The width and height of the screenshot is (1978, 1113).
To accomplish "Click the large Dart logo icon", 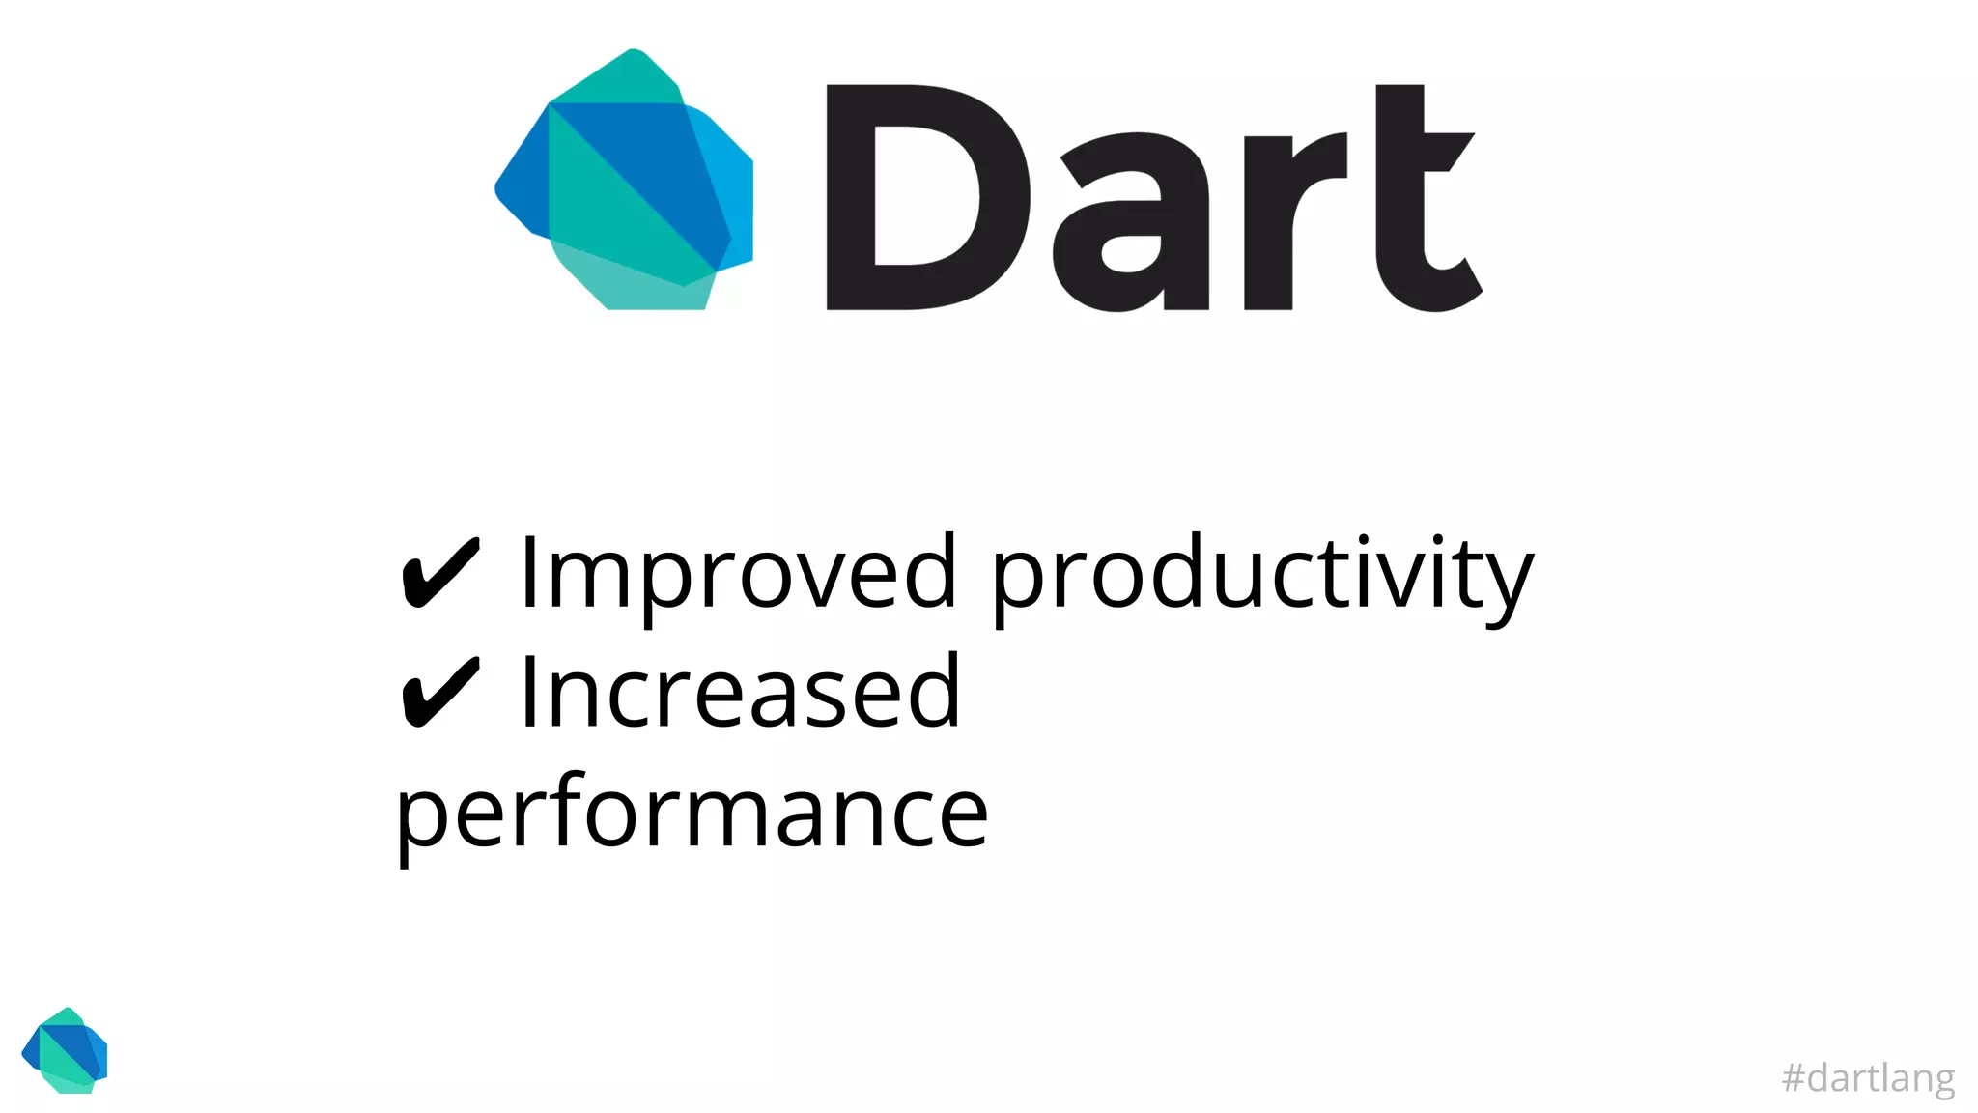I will (626, 182).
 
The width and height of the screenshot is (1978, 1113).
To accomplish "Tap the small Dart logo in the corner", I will (66, 1051).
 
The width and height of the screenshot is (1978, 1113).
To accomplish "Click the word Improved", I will (738, 574).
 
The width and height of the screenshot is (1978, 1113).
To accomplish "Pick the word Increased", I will (740, 692).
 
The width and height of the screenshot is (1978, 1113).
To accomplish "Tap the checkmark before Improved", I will (440, 574).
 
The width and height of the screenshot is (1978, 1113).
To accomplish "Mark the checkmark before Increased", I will (440, 692).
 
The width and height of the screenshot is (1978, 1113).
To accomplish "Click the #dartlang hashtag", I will (1868, 1078).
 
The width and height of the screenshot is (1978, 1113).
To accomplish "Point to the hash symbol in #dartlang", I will (1794, 1078).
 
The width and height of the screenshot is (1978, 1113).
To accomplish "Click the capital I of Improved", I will (528, 574).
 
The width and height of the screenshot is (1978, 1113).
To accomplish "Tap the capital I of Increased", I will (528, 692).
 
